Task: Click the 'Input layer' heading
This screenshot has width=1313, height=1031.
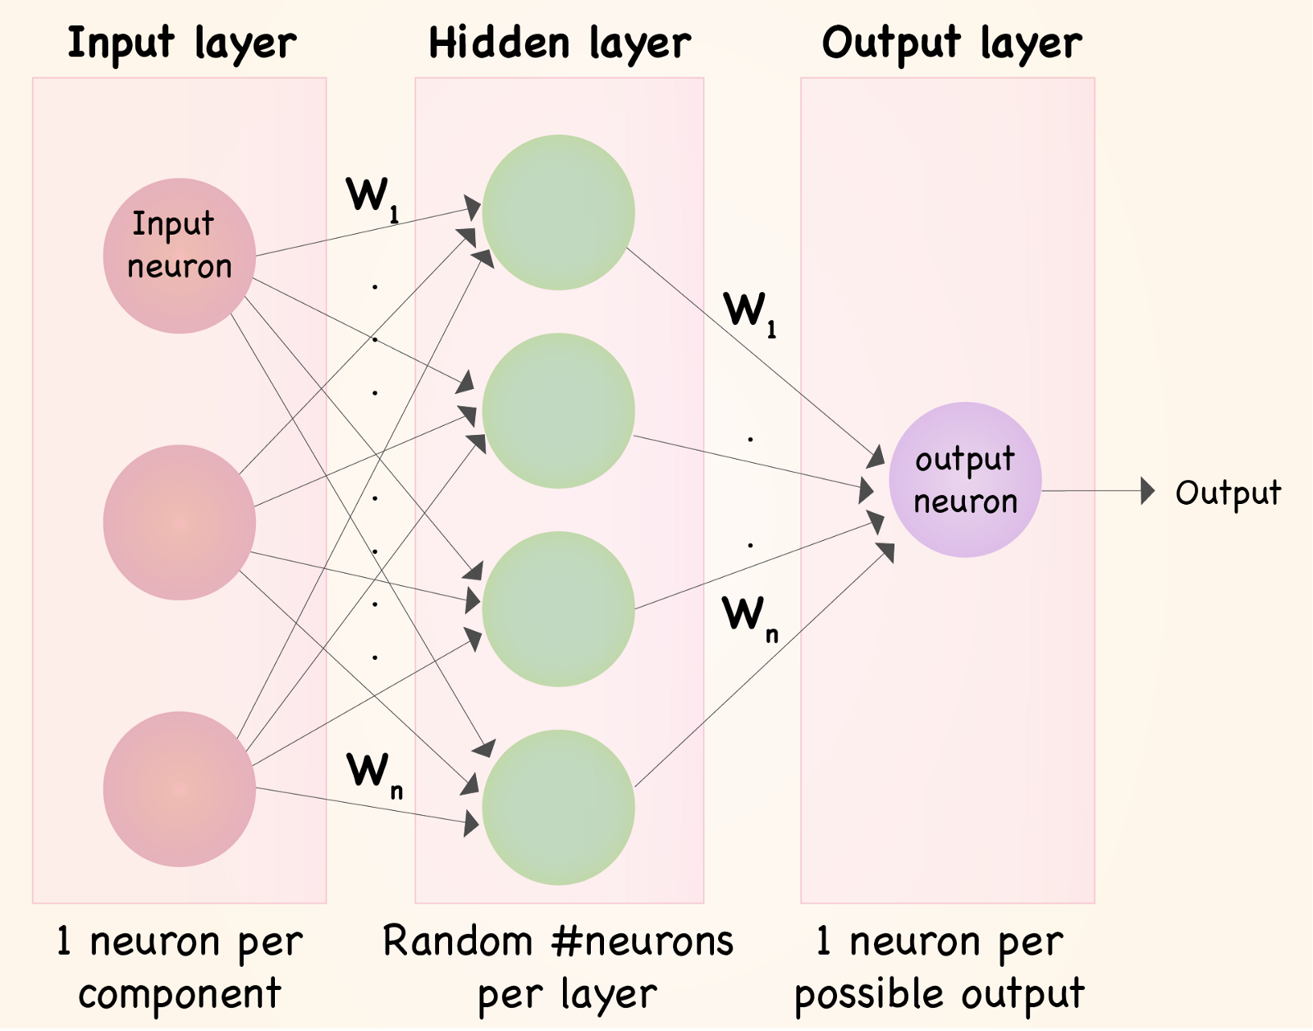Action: (x=181, y=44)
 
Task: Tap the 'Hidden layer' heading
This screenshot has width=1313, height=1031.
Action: (x=560, y=44)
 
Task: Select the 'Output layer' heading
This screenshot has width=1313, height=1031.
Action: (x=952, y=44)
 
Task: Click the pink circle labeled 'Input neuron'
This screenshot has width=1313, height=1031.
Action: (x=179, y=255)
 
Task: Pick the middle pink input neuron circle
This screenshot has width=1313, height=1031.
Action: (x=179, y=522)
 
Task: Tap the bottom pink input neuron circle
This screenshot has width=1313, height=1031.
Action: (x=179, y=789)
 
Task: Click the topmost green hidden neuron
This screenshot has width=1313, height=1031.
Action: (x=558, y=212)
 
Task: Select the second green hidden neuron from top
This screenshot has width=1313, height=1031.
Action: (x=558, y=410)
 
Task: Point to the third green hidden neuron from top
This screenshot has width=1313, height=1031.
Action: (x=558, y=609)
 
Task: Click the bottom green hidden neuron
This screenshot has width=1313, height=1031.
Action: (x=558, y=808)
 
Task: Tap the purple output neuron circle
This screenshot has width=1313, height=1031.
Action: (x=965, y=480)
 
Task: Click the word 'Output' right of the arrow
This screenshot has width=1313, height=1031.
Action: (x=1228, y=493)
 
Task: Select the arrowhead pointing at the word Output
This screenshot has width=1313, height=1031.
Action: (x=1148, y=492)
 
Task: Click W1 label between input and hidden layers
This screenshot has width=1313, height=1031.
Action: (x=372, y=198)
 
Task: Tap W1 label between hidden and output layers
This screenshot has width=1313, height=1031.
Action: (x=748, y=313)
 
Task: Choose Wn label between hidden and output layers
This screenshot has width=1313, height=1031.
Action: (x=748, y=616)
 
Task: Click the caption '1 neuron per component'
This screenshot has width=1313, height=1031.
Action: (x=180, y=967)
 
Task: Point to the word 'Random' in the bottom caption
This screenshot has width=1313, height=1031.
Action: (x=458, y=942)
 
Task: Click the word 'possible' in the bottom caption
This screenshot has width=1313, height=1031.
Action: (x=870, y=995)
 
